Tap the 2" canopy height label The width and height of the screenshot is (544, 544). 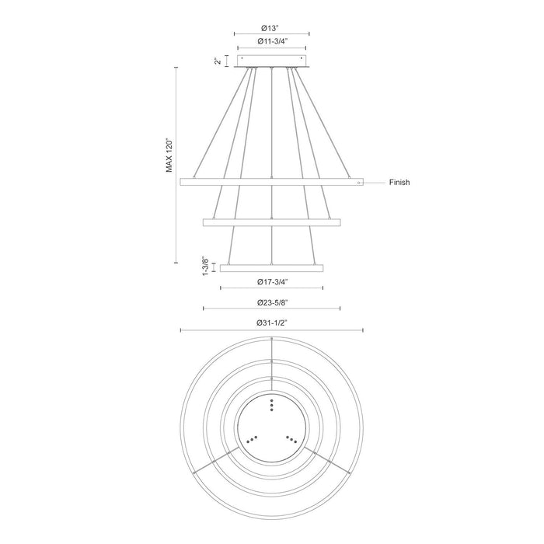(218, 61)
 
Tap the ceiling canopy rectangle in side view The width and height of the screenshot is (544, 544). (271, 61)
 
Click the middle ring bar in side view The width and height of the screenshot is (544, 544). (271, 223)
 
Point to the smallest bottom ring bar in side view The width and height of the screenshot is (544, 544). (271, 268)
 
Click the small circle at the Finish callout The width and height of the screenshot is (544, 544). (358, 183)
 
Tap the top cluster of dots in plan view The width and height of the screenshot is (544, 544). (271, 404)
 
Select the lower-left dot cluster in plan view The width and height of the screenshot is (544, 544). (252, 439)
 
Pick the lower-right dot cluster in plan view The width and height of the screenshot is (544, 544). (291, 439)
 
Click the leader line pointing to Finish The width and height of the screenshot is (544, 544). (375, 183)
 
